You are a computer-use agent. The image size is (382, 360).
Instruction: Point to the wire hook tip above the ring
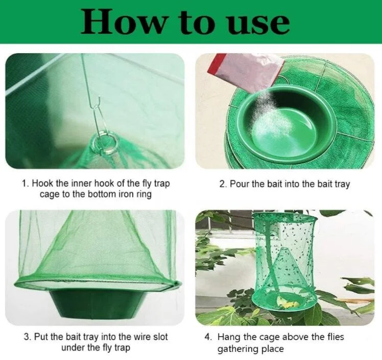point(100,98)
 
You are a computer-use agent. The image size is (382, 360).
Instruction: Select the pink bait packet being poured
point(246,72)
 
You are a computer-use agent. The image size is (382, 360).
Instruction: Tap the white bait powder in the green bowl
point(271,120)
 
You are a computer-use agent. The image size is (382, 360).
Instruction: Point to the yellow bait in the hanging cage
point(289,303)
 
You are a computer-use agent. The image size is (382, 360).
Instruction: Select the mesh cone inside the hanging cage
point(284,271)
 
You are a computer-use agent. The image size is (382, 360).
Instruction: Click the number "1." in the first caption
point(26,184)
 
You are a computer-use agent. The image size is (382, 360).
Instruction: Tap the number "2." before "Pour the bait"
point(223,184)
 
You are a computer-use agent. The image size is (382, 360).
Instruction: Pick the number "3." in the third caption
point(28,337)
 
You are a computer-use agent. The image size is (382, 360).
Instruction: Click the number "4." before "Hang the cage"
point(208,337)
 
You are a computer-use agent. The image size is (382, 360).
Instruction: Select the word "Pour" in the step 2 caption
point(240,184)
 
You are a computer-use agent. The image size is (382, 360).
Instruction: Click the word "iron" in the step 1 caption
point(126,194)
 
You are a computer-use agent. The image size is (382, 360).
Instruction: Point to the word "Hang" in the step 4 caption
point(229,337)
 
